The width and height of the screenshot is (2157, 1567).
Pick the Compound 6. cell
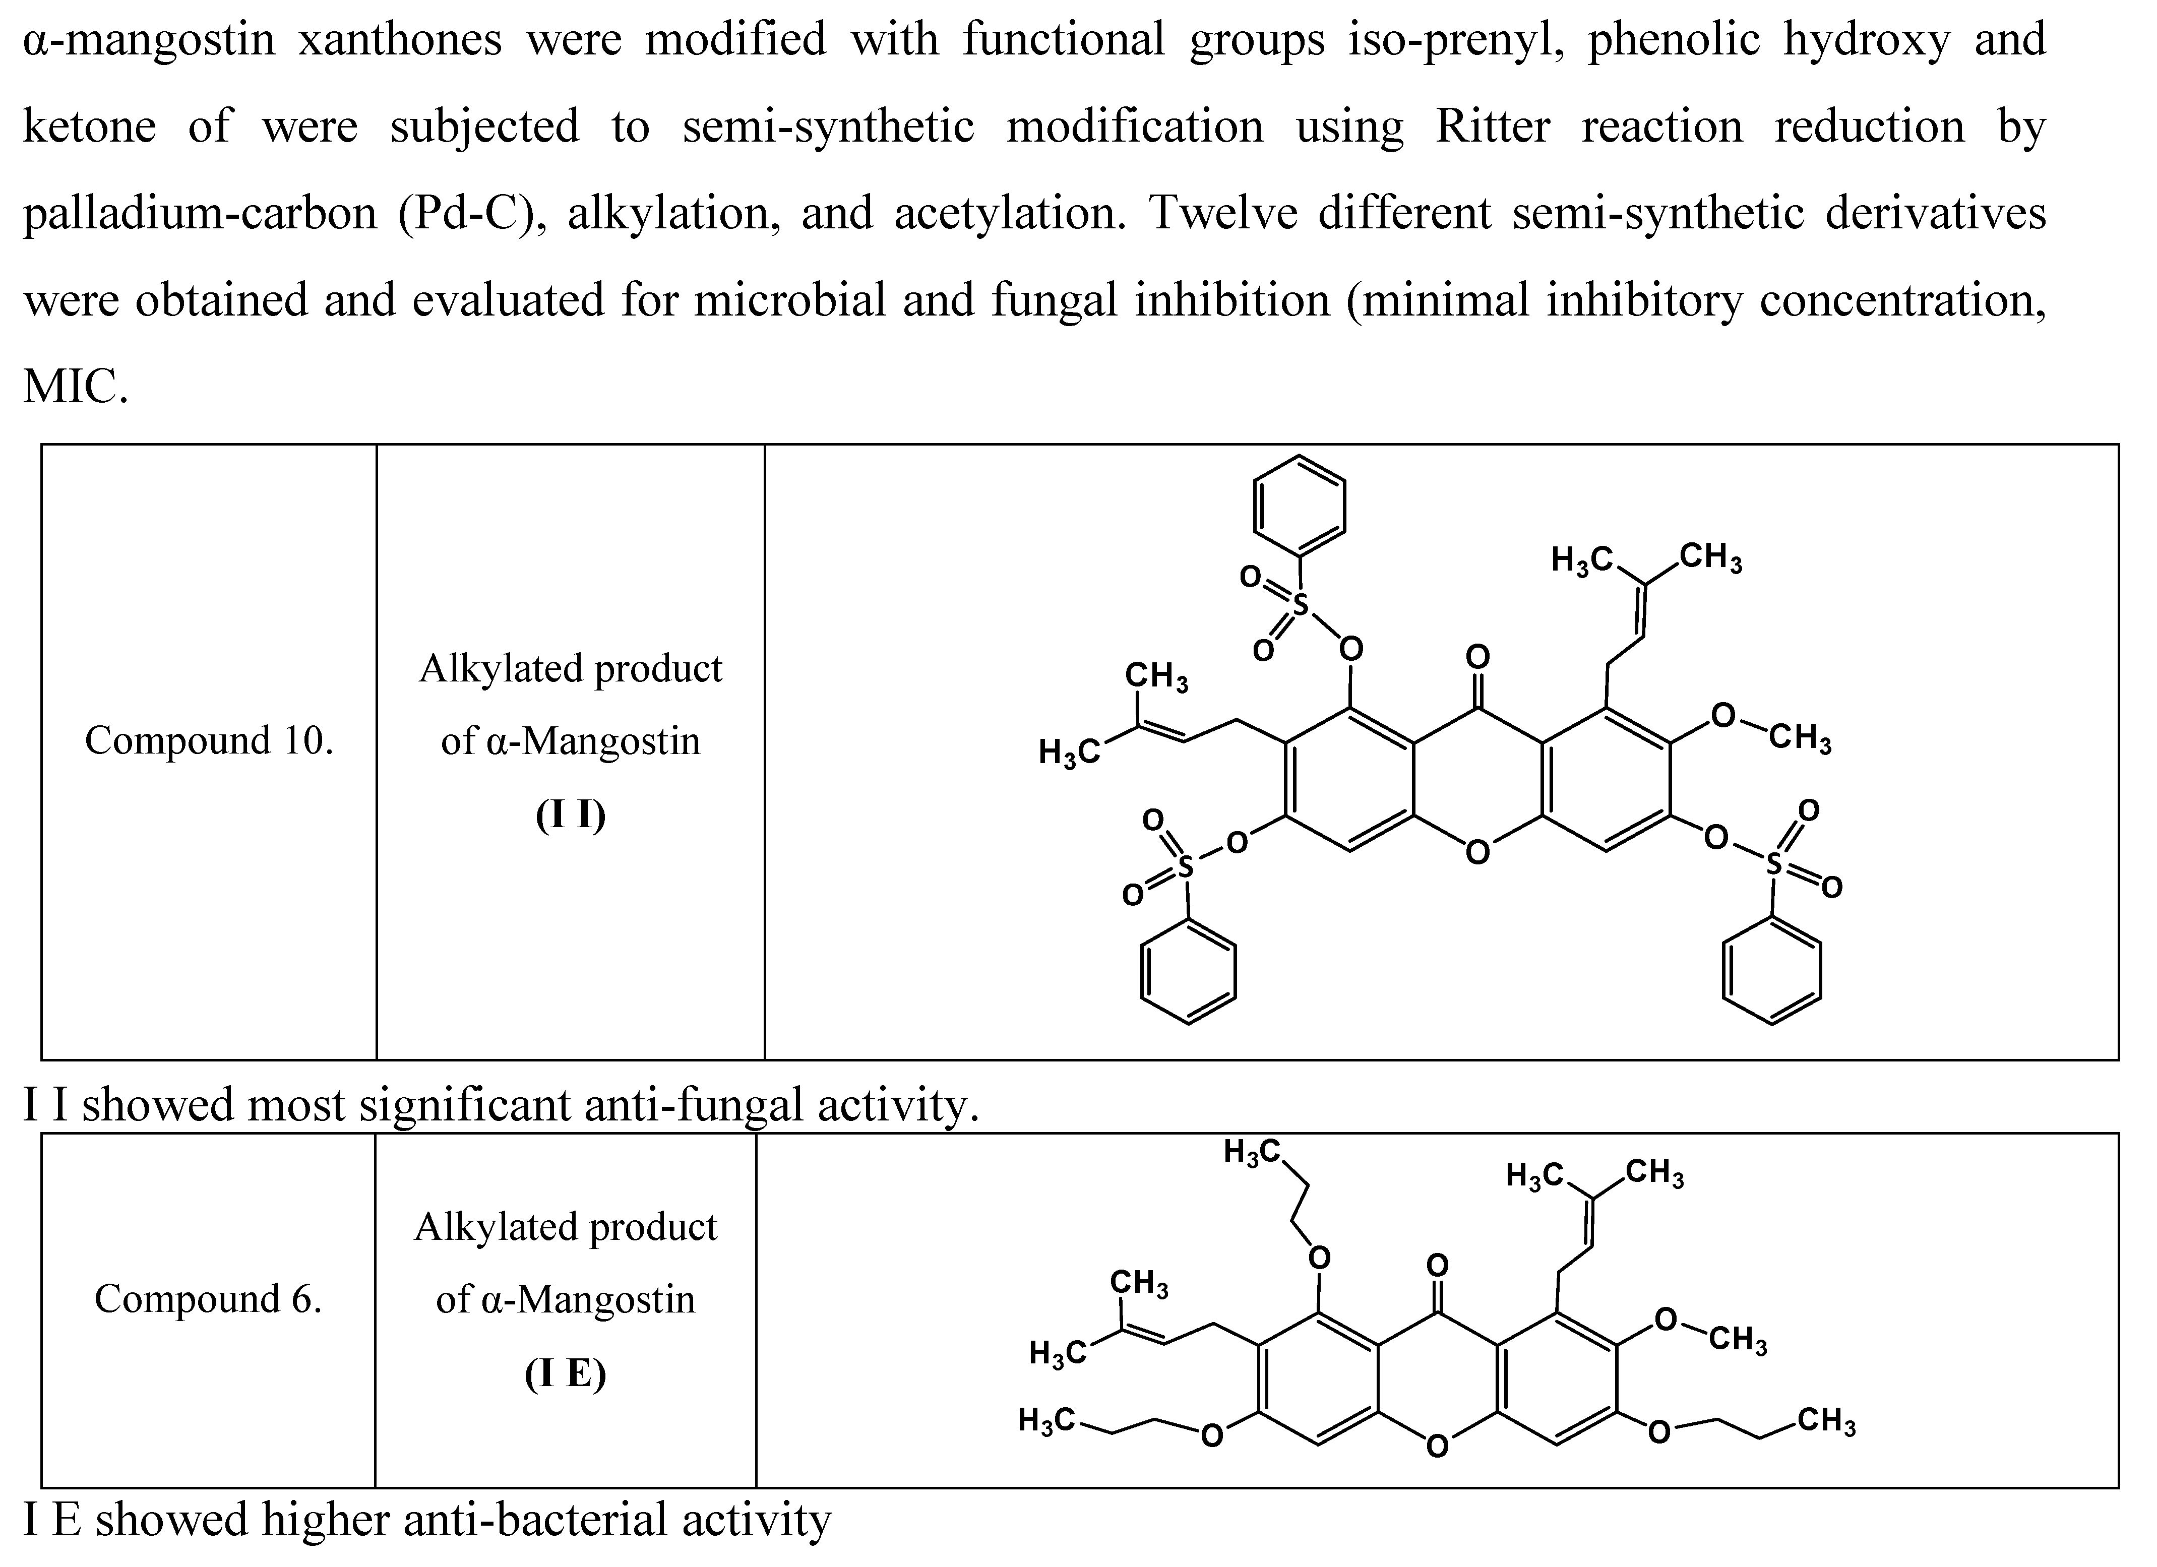click(207, 1299)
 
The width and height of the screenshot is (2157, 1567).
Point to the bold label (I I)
click(571, 815)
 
